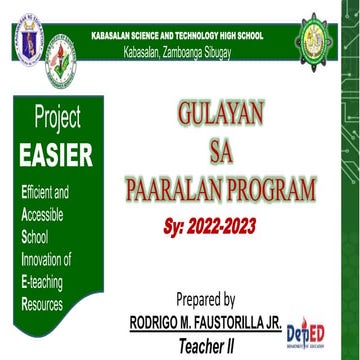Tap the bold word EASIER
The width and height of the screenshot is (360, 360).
click(x=63, y=155)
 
